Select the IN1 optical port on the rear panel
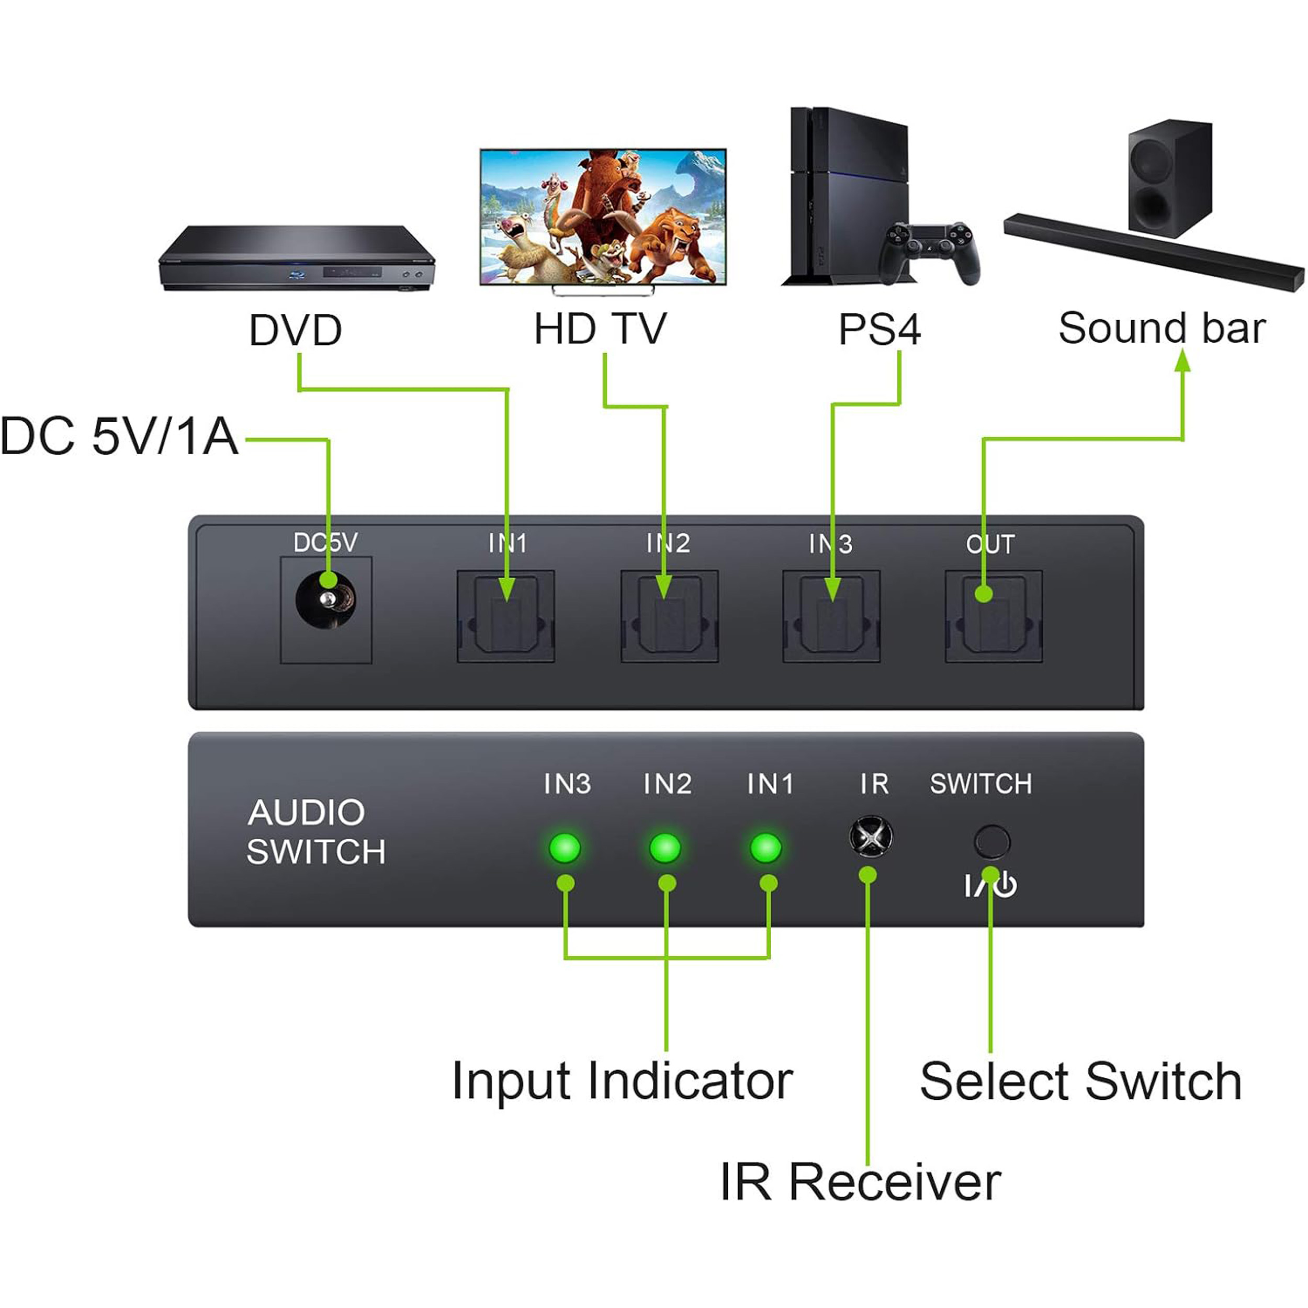coord(506,616)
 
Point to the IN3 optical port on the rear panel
coord(831,616)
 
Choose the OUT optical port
coord(993,616)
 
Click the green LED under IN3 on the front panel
coord(565,848)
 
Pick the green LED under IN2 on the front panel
coord(665,848)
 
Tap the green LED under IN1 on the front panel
coord(766,848)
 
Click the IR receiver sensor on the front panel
coord(871,837)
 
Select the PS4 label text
coord(879,330)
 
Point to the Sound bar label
coord(1162,329)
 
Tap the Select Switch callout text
coord(1080,1082)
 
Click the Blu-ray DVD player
coord(297,260)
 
